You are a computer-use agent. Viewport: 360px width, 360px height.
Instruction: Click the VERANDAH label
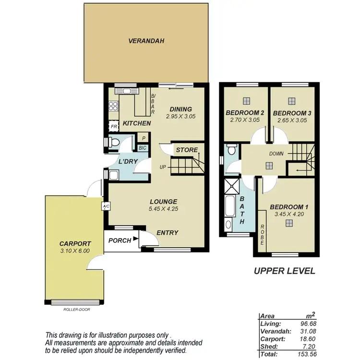[146, 41]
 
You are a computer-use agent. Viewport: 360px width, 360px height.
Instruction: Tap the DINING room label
[180, 109]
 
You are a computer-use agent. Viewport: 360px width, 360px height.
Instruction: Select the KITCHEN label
[137, 124]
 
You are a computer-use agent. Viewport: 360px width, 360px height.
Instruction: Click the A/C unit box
[105, 206]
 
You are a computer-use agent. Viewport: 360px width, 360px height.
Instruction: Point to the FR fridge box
[114, 127]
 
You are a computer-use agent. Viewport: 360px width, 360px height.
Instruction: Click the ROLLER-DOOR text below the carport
[76, 310]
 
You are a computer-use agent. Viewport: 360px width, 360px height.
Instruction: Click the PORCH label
[120, 240]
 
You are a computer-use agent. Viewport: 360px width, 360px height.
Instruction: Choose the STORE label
[186, 150]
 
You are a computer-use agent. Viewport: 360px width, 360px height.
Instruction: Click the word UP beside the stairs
[164, 168]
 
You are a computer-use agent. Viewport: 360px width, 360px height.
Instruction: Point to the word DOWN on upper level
[276, 154]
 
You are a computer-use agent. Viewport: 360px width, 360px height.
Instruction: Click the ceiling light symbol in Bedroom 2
[246, 101]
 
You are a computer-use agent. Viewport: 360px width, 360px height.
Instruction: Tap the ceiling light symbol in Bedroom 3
[292, 101]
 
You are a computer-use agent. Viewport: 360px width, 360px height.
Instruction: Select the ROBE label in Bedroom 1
[263, 235]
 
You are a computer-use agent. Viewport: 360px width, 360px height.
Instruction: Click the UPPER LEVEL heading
[284, 271]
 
